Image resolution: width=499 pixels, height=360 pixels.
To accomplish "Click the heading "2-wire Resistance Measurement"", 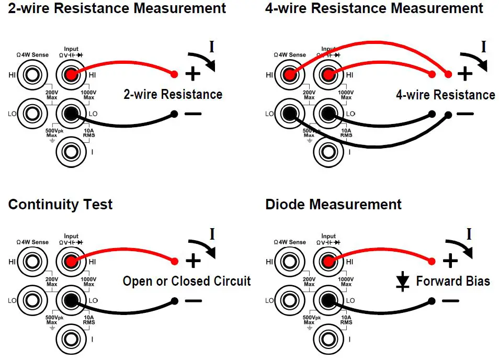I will (x=117, y=8).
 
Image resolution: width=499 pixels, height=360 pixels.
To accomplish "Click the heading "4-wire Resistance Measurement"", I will (x=374, y=8).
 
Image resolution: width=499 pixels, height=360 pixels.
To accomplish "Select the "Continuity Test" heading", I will (x=60, y=204).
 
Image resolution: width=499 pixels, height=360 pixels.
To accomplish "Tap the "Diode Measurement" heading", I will (x=333, y=204).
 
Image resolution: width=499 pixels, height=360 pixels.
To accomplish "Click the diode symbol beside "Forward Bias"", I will (x=402, y=282).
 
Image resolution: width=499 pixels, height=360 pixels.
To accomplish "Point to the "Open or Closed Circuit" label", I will (x=187, y=281).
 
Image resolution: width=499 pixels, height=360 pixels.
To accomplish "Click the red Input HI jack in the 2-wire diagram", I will (x=71, y=75).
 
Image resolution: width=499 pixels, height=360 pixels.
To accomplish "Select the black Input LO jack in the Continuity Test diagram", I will (x=71, y=300).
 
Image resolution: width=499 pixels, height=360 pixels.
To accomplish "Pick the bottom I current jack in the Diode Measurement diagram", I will (x=328, y=339).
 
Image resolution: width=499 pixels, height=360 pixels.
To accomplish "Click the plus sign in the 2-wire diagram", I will (x=193, y=74).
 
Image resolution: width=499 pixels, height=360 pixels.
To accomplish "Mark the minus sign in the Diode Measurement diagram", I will (x=450, y=301).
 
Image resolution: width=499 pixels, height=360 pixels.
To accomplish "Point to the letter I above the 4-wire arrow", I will (x=483, y=47).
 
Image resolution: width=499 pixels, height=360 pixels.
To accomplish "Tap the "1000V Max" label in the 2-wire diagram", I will (x=89, y=95).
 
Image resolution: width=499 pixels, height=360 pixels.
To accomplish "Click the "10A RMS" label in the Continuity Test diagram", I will (x=89, y=320).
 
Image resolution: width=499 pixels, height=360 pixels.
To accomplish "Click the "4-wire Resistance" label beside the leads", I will (x=445, y=95).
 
